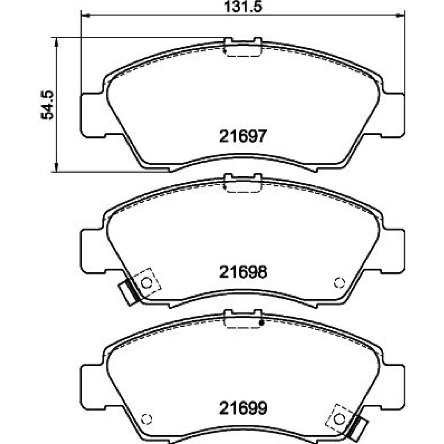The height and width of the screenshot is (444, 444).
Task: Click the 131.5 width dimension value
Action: coord(243,6)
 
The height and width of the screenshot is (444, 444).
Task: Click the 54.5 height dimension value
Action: coord(48,105)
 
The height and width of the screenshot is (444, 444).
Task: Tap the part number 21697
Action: coord(243,136)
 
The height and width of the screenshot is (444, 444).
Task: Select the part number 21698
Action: coord(243,272)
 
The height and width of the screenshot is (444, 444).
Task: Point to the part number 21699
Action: coord(243,408)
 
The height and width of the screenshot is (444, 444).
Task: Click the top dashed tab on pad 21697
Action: coord(242,50)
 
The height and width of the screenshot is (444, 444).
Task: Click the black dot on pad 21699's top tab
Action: coord(262,323)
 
